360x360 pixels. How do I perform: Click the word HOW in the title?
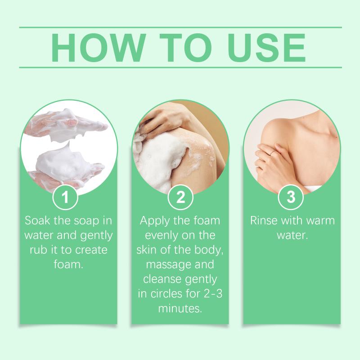99,48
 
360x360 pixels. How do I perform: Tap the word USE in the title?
266,48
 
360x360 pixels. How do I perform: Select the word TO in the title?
186,48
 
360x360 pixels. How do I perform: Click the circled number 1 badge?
65,197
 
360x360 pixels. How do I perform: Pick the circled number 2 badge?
180,197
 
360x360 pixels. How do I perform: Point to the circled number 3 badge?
291,197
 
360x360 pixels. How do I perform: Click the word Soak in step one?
37,220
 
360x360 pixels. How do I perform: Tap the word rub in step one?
38,250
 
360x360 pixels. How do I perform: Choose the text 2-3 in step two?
213,294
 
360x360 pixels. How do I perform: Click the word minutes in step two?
180,309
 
